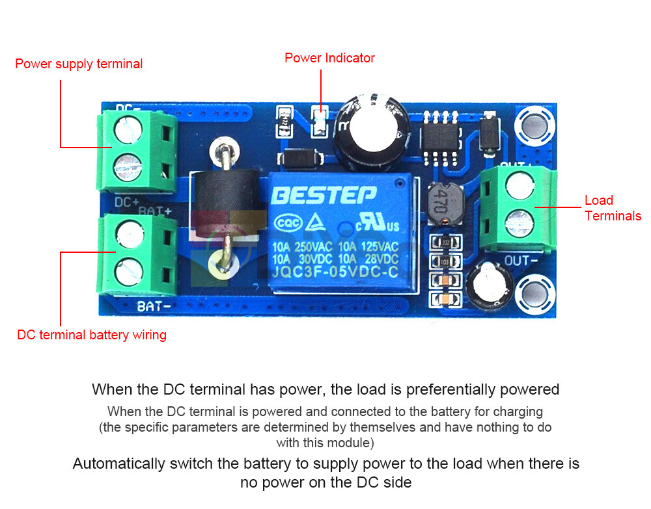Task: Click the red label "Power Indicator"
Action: pyautogui.click(x=329, y=58)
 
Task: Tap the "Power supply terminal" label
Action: pyautogui.click(x=79, y=64)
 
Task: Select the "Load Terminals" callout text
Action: pyautogui.click(x=613, y=208)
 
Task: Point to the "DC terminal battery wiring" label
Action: pyautogui.click(x=92, y=335)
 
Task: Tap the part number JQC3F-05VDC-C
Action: pyautogui.click(x=335, y=273)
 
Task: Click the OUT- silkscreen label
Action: pyautogui.click(x=521, y=261)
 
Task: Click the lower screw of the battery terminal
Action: pyautogui.click(x=129, y=268)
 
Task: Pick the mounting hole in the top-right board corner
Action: pyautogui.click(x=535, y=126)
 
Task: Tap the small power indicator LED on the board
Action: pyautogui.click(x=319, y=122)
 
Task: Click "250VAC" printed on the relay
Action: pyautogui.click(x=312, y=247)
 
